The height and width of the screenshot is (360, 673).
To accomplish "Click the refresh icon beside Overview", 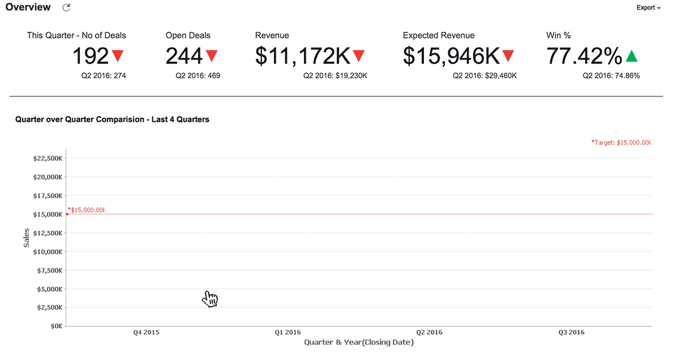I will coord(66,7).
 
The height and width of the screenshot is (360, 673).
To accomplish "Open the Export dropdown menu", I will coord(648,8).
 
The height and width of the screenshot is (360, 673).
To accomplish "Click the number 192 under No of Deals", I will coord(90,56).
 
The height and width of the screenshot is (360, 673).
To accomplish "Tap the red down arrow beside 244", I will coord(212,55).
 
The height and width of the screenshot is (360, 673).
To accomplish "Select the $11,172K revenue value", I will coord(303,56).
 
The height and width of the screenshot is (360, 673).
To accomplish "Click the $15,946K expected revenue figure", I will coord(451,56).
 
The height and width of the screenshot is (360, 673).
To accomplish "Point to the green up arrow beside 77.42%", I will coord(632,56).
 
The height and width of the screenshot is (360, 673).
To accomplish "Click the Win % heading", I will coord(558,35).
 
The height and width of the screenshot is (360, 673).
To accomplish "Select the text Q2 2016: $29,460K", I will coord(485,75).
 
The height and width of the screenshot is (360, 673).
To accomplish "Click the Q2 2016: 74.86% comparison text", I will coord(611,75).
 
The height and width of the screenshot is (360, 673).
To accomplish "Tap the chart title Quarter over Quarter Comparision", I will coord(112,119).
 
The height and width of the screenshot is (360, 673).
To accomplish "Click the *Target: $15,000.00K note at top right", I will coord(621,143).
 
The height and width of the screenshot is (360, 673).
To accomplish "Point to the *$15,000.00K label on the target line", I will coord(87,210).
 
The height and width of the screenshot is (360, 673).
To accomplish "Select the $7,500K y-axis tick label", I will coord(49,271).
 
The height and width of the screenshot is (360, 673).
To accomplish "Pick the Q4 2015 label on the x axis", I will coord(146,333).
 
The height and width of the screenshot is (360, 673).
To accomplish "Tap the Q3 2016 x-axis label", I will coord(571,333).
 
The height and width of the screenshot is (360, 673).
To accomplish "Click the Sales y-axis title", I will coord(26,238).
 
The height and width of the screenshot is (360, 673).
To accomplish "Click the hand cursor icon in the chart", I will coord(210,299).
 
